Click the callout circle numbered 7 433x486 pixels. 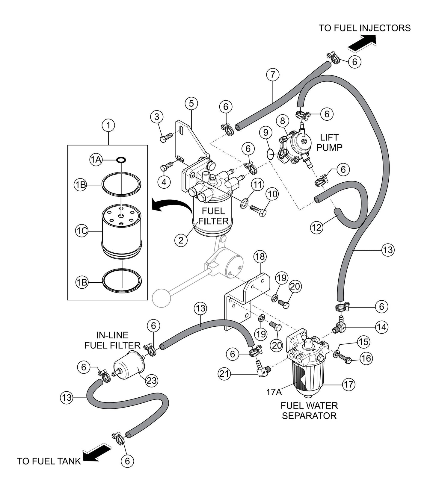272,75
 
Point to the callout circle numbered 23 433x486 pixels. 151,381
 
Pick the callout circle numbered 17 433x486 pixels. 348,384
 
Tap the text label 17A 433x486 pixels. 274,392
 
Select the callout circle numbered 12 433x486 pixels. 316,228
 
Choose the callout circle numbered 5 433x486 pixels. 191,103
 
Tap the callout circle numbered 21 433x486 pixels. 226,373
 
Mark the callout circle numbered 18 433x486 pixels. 260,257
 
